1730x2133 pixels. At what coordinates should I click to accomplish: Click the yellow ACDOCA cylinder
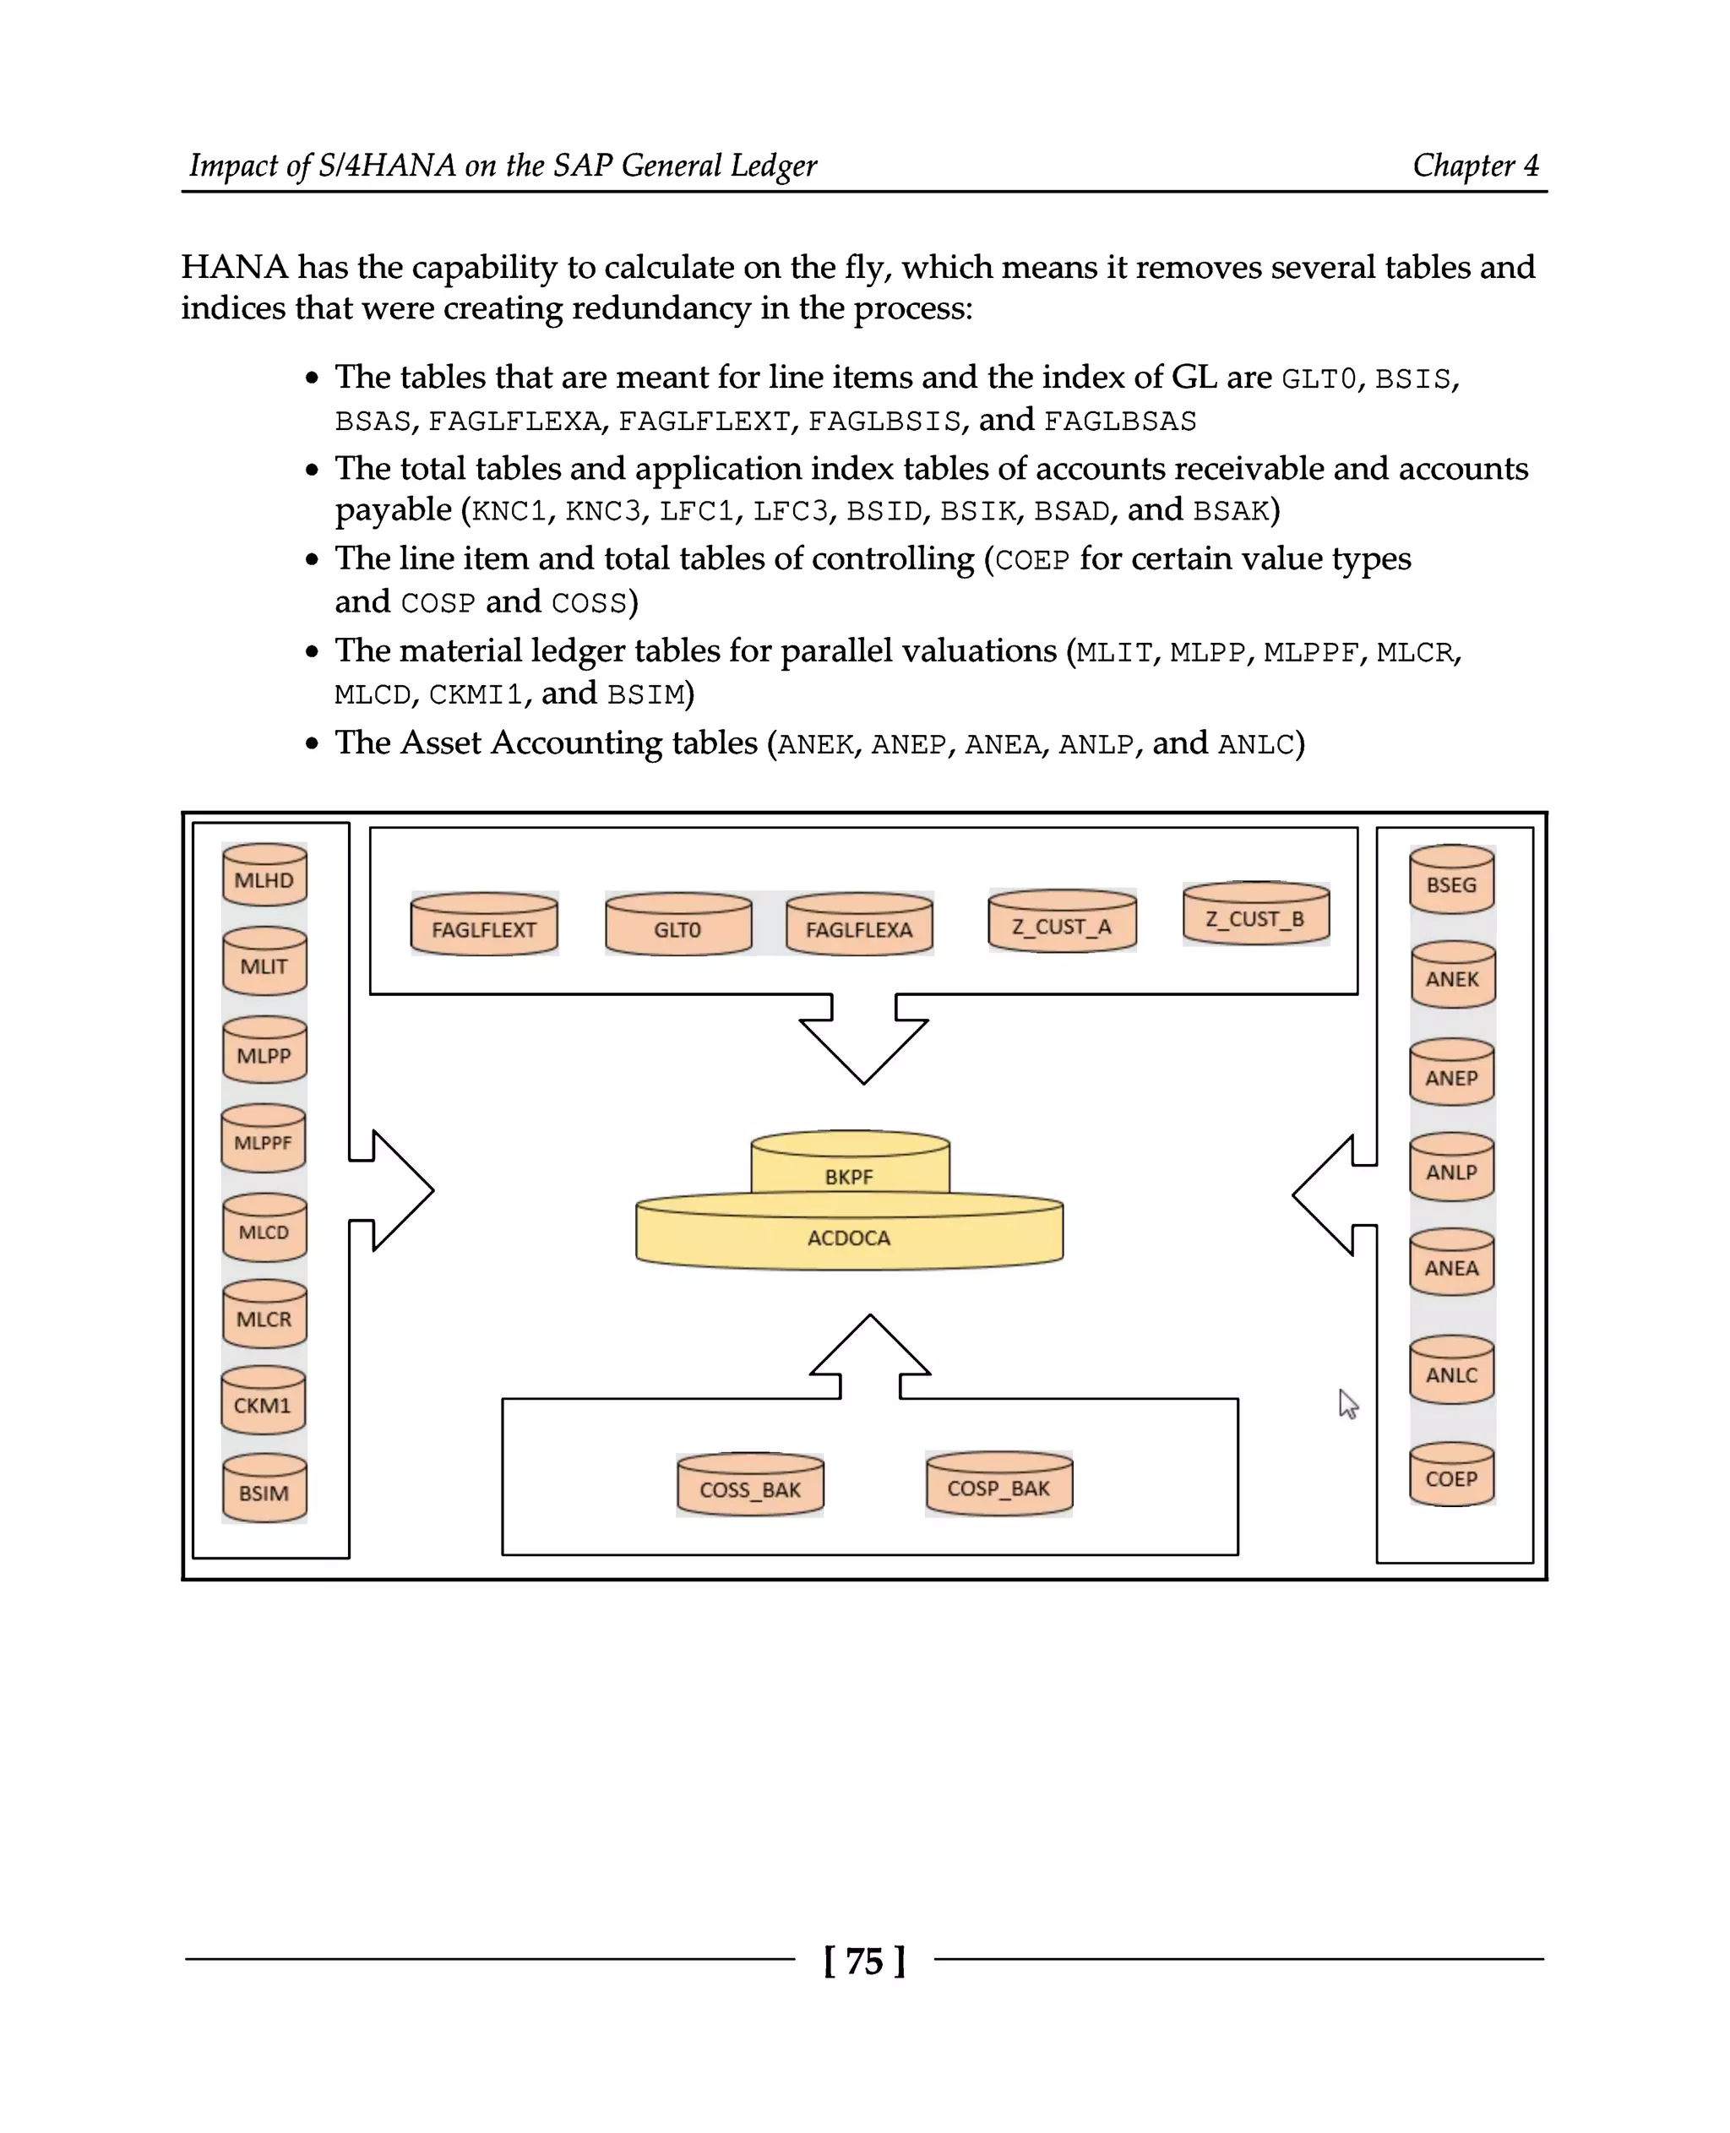click(x=849, y=1236)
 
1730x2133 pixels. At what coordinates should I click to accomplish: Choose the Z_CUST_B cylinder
click(x=1255, y=914)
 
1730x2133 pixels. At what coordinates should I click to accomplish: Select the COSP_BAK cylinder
click(x=998, y=1484)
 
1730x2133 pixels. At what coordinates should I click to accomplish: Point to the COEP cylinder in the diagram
click(x=1451, y=1474)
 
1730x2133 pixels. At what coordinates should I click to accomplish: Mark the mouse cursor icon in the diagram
click(x=1347, y=1403)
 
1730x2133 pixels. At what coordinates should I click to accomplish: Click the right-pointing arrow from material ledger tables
click(x=394, y=1190)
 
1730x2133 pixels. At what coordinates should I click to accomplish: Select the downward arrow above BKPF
click(x=863, y=1042)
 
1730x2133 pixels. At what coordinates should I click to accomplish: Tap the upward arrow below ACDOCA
click(x=870, y=1356)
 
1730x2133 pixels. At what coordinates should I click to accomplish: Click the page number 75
click(x=864, y=1962)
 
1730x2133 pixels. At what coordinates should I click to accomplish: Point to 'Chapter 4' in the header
click(x=1475, y=166)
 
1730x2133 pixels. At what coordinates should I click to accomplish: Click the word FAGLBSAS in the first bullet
click(x=1119, y=422)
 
